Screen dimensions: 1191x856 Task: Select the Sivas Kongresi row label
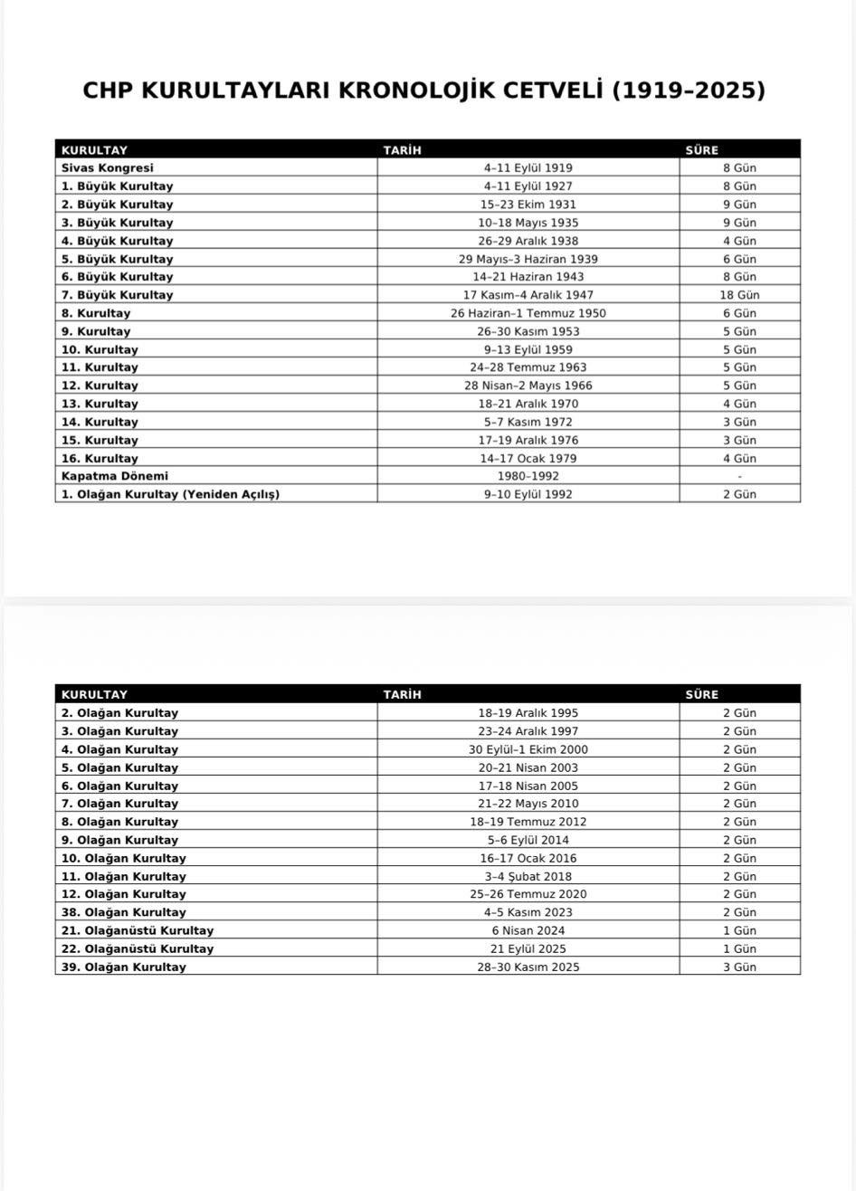pyautogui.click(x=108, y=167)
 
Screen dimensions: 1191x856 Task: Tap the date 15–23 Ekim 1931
pyautogui.click(x=528, y=205)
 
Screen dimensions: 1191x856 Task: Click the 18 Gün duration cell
pyautogui.click(x=739, y=295)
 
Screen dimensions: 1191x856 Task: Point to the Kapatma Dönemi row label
pyautogui.click(x=115, y=476)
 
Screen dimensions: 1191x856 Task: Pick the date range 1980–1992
pyautogui.click(x=528, y=476)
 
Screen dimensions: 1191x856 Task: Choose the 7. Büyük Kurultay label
pyautogui.click(x=118, y=295)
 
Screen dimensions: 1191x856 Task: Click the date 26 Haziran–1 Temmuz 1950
pyautogui.click(x=528, y=313)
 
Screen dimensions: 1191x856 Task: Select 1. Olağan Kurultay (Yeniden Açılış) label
pyautogui.click(x=170, y=494)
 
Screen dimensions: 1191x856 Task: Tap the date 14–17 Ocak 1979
pyautogui.click(x=528, y=458)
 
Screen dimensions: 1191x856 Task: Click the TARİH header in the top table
pyautogui.click(x=402, y=150)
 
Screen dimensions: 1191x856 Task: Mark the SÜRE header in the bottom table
pyautogui.click(x=701, y=695)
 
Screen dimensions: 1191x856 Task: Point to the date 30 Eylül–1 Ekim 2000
pyautogui.click(x=528, y=749)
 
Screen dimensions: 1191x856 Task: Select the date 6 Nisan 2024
pyautogui.click(x=528, y=930)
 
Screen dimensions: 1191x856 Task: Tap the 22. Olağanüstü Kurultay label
pyautogui.click(x=138, y=948)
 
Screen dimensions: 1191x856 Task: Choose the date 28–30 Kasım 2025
pyautogui.click(x=528, y=967)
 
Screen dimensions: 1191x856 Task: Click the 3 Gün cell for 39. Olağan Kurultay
pyautogui.click(x=739, y=967)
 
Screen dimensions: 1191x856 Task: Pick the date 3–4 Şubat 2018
pyautogui.click(x=528, y=876)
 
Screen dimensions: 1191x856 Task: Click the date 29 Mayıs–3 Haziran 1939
pyautogui.click(x=528, y=259)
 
